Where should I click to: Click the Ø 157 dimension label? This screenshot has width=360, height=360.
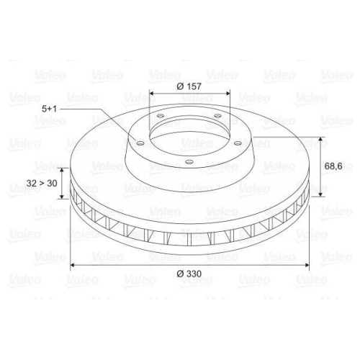click(189, 86)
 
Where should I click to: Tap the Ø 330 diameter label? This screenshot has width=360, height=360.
click(189, 274)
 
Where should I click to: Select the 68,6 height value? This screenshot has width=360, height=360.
click(333, 166)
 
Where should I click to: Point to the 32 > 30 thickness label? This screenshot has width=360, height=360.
click(42, 184)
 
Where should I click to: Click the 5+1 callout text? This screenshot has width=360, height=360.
click(49, 109)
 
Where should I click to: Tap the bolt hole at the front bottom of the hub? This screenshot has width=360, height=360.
click(189, 162)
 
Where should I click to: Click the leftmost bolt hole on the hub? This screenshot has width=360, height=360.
click(140, 143)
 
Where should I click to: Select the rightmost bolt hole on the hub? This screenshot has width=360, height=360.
click(238, 143)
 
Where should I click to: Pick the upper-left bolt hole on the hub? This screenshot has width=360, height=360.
click(160, 116)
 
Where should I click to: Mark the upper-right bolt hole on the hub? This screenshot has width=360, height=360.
click(217, 116)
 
